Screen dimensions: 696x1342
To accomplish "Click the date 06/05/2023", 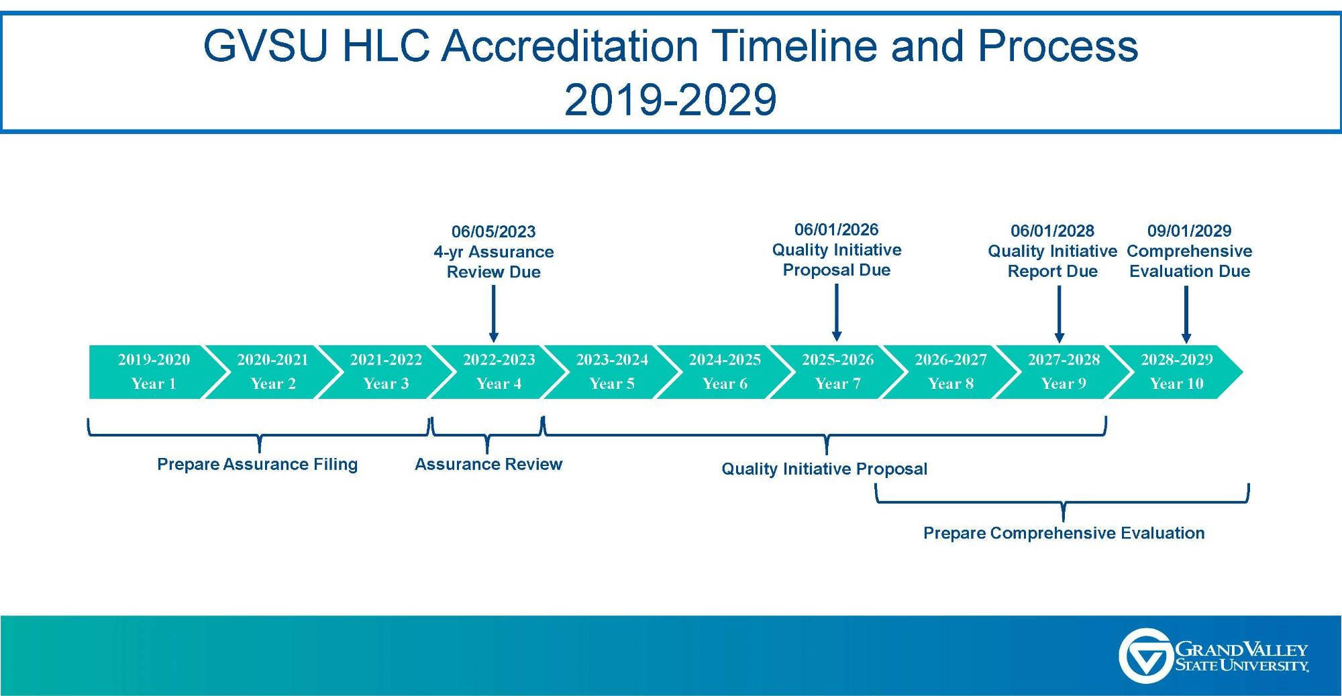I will click(493, 232).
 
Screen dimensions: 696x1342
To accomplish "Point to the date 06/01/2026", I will click(836, 230).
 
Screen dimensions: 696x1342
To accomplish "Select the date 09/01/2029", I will click(1189, 231).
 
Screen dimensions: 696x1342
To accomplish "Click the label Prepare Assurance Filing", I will click(257, 465).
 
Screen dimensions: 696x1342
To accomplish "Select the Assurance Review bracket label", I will click(488, 465).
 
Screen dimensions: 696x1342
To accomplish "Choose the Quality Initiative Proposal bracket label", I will click(824, 469).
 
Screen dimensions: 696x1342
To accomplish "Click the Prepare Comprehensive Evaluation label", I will click(1064, 533).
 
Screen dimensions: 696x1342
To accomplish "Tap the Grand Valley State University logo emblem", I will click(1145, 656).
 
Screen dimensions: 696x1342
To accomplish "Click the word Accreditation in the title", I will click(570, 46).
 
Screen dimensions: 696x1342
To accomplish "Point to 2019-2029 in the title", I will click(670, 100).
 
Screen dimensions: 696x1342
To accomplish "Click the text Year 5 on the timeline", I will click(611, 384).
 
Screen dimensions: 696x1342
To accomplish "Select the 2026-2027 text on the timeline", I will click(950, 360).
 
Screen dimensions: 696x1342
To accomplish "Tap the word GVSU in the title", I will click(265, 46).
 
